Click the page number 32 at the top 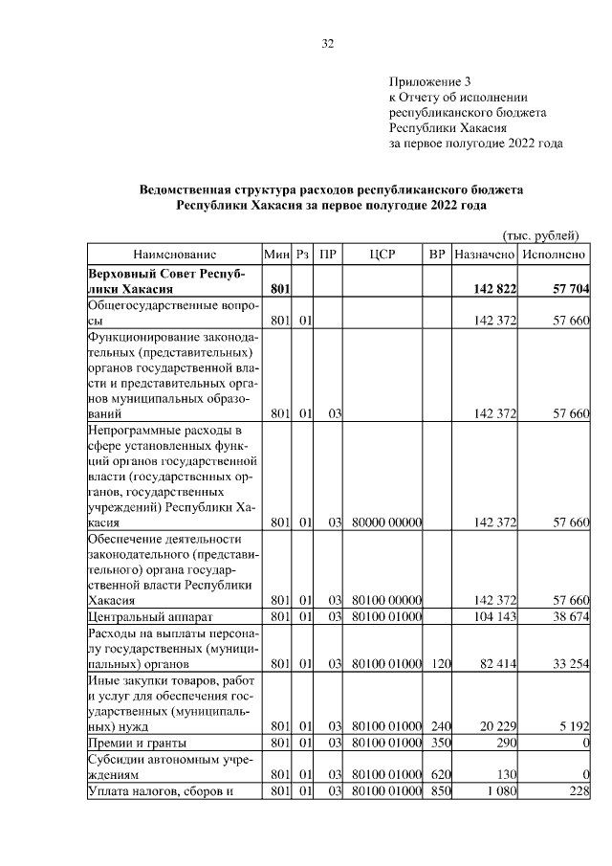(x=327, y=44)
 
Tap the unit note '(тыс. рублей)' (x=540, y=235)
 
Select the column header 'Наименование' (x=174, y=255)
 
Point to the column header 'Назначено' (x=486, y=255)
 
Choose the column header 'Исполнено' (x=556, y=255)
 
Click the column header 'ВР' (x=438, y=255)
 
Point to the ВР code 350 (x=439, y=743)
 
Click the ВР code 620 (x=439, y=775)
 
